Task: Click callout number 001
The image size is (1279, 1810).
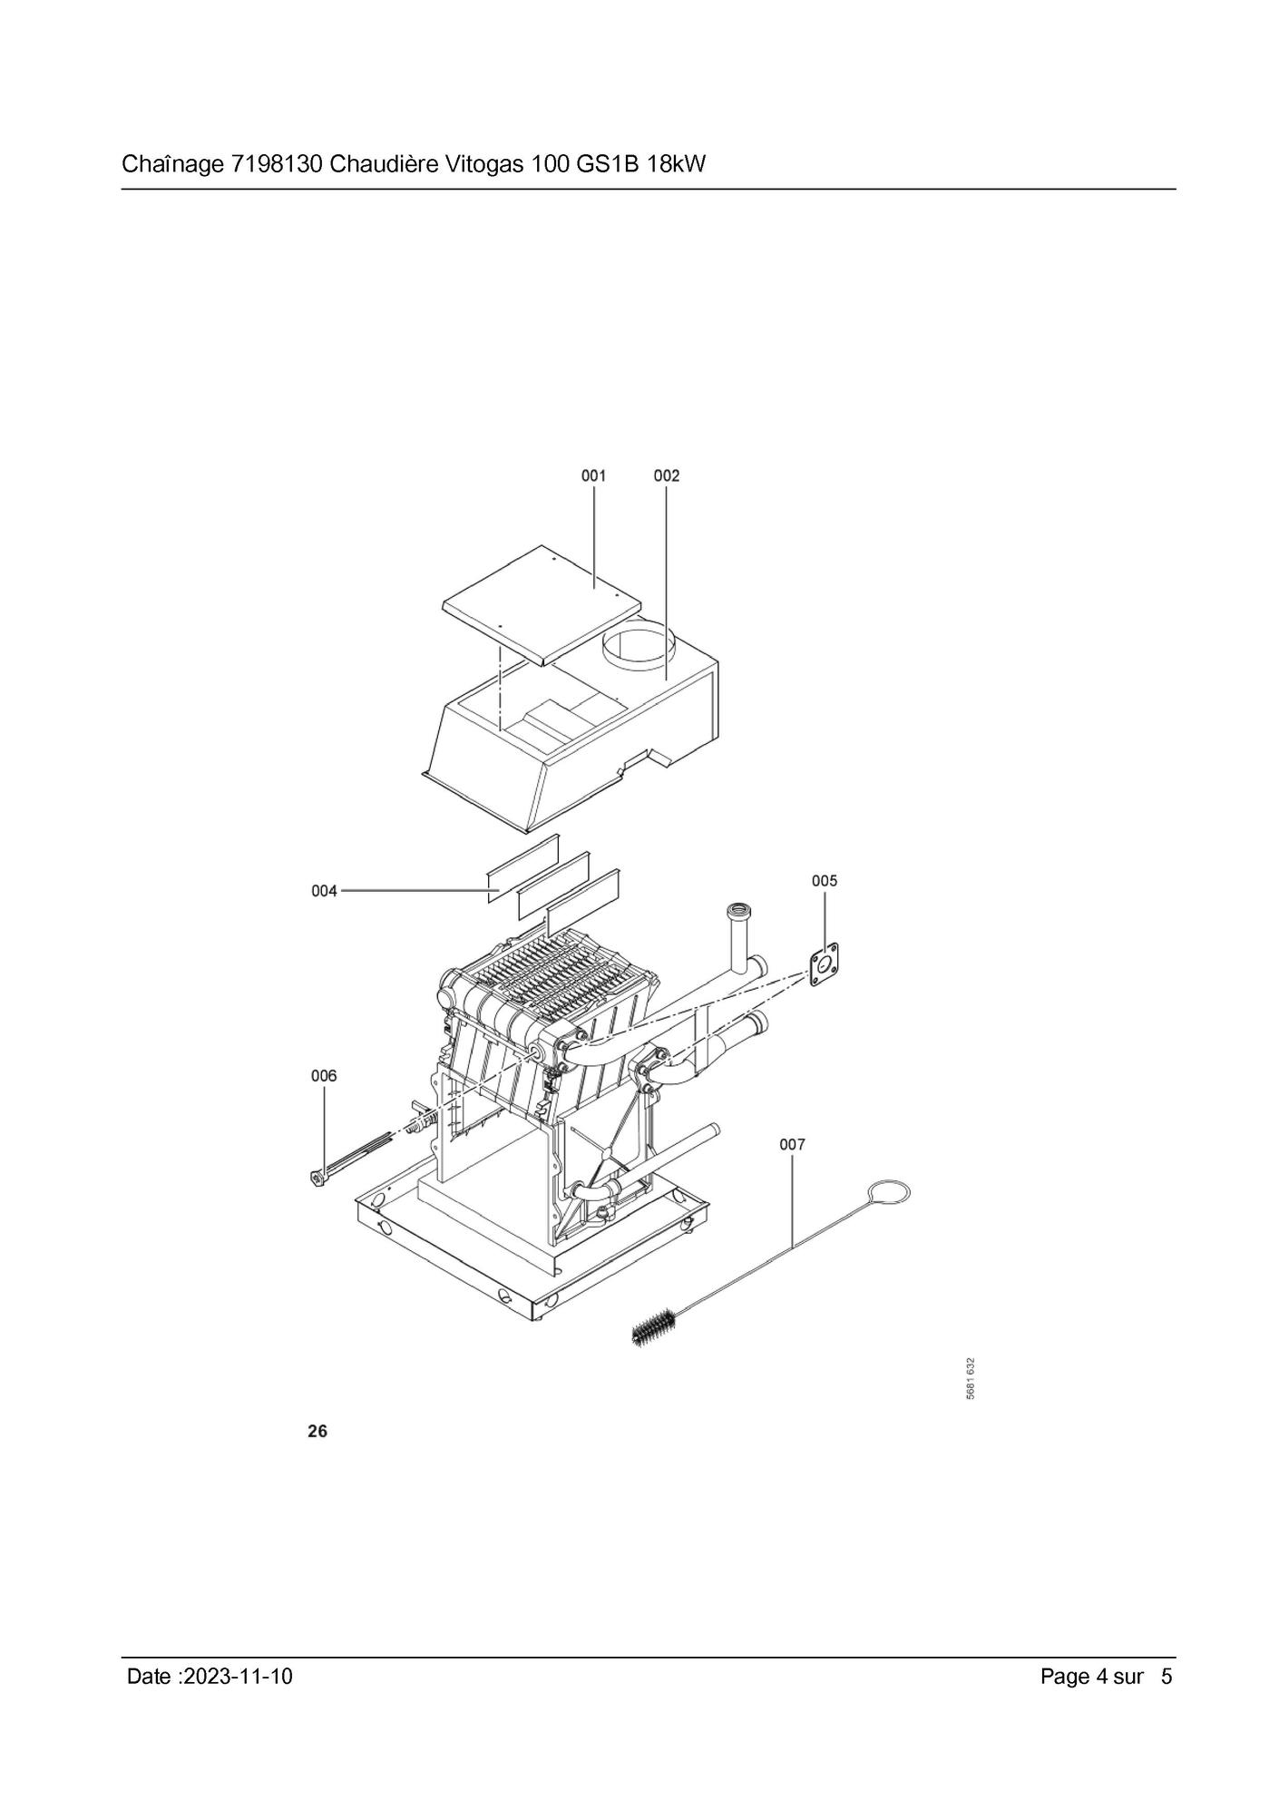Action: click(x=594, y=475)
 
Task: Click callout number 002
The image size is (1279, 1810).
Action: click(x=667, y=475)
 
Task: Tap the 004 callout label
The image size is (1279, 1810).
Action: click(x=324, y=891)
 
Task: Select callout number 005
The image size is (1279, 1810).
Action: click(x=825, y=880)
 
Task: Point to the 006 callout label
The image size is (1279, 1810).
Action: click(x=324, y=1076)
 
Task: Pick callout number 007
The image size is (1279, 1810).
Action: click(x=793, y=1145)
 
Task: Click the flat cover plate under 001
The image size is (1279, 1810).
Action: click(x=542, y=605)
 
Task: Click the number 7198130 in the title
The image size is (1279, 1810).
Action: click(x=277, y=165)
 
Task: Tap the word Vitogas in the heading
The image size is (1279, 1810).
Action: click(x=490, y=165)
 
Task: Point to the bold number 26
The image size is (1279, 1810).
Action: click(x=317, y=1431)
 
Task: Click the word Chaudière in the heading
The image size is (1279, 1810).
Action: click(x=385, y=165)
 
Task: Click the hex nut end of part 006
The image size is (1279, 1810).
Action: click(x=317, y=1179)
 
